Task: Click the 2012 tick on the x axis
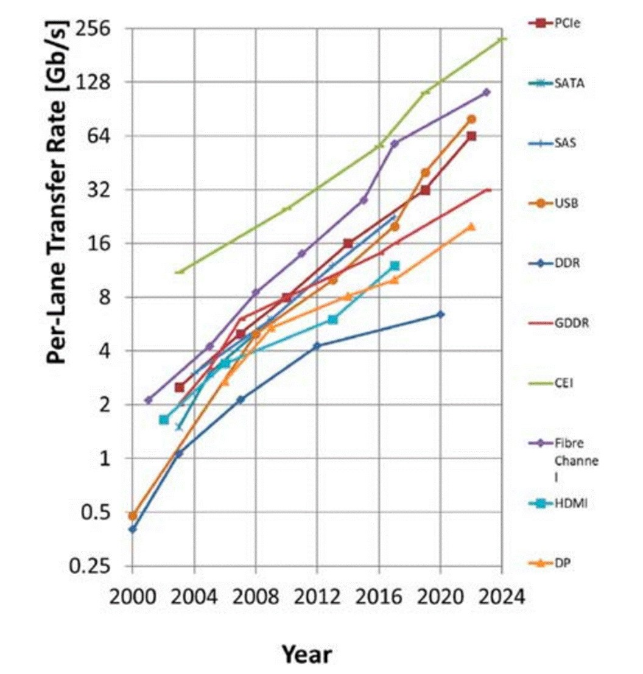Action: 317,596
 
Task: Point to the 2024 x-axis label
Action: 502,596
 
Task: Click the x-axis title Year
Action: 306,655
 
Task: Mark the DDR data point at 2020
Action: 440,314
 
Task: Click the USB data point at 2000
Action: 133,516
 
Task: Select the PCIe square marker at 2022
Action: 471,136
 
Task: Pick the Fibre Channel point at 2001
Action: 148,400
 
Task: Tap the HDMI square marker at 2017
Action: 395,265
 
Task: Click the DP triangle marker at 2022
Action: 471,226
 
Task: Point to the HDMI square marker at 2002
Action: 164,419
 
